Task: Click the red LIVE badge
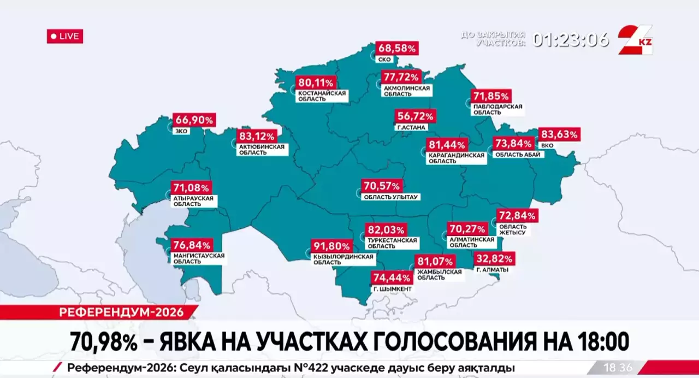(65, 37)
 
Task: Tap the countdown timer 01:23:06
(571, 39)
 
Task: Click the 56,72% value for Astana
(416, 116)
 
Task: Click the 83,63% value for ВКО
(559, 134)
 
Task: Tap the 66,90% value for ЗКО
(194, 120)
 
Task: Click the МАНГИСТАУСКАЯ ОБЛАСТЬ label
(198, 258)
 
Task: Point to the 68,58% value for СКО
(397, 49)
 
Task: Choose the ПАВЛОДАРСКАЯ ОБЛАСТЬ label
(497, 109)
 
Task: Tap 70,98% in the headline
(103, 342)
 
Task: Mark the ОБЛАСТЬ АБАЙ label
(518, 155)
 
